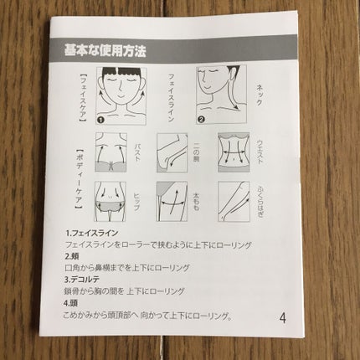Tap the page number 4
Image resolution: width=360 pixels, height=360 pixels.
pos(283,317)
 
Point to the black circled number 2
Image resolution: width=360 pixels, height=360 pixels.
pos(200,118)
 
